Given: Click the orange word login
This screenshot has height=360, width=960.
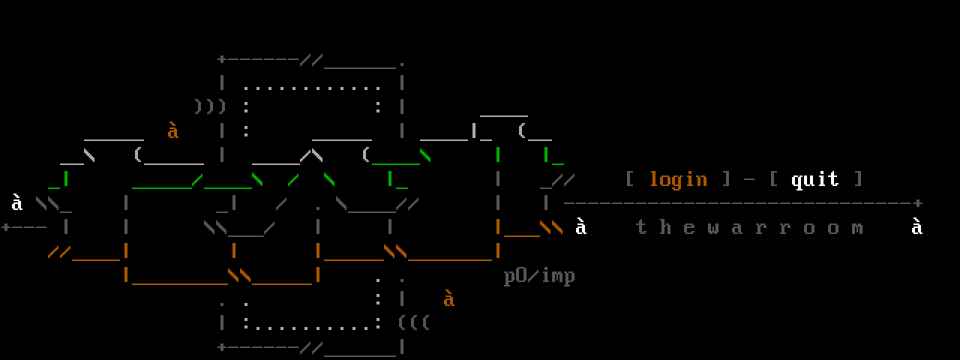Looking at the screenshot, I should [678, 179].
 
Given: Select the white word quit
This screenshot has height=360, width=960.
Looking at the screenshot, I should [814, 179].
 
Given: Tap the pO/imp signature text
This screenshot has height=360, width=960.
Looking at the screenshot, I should [539, 276].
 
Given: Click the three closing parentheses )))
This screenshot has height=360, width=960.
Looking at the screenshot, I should [209, 106].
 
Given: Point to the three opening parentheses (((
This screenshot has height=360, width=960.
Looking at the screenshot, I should [413, 323].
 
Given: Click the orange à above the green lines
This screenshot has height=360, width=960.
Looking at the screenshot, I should [173, 131].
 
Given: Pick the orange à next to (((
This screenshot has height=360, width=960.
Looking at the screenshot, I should [449, 298].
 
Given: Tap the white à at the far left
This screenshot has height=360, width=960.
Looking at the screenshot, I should [17, 202].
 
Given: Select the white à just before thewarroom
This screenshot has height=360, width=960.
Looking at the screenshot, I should [581, 226].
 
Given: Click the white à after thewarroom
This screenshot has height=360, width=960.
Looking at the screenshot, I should [916, 226].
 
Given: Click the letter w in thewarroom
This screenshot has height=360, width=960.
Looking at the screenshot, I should [713, 227].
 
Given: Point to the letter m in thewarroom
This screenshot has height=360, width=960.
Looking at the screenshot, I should [857, 227].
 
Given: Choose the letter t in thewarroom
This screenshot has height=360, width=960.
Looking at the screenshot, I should [641, 227].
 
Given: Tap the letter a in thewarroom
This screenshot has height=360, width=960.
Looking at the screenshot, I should [737, 227].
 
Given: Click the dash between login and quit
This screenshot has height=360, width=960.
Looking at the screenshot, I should [749, 180].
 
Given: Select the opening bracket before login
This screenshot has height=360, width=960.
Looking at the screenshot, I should [630, 179].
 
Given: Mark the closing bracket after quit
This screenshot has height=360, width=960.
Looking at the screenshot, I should [858, 179].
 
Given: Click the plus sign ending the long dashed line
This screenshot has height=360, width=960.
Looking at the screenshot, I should [918, 203].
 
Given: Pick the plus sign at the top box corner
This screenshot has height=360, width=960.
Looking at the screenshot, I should [221, 59].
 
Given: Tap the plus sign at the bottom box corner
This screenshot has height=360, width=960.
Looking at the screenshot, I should [221, 347].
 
